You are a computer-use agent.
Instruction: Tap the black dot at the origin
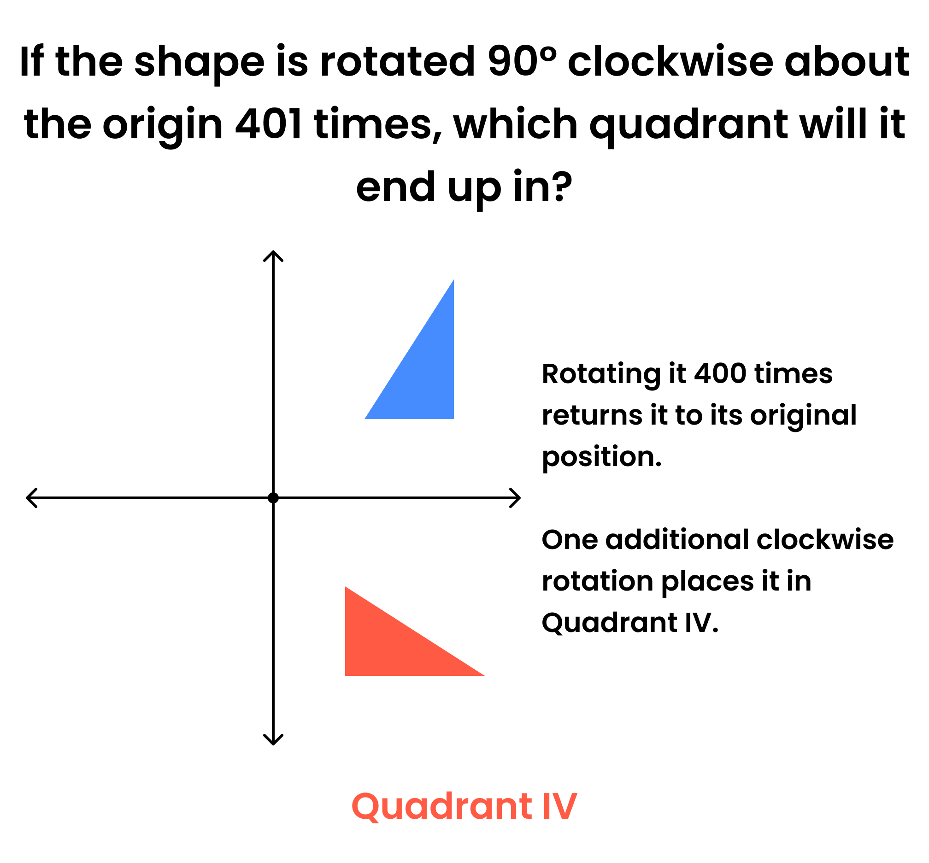point(273,498)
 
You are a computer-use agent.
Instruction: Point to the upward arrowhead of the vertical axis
point(273,256)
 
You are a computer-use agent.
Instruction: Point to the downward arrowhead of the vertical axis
point(273,739)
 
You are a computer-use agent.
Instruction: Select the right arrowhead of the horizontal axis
point(515,498)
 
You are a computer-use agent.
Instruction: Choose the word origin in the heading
point(163,127)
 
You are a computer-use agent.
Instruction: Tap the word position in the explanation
point(602,457)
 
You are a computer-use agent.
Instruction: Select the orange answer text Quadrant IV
point(464,806)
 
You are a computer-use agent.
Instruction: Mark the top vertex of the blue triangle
point(454,280)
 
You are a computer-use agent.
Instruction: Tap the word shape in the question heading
point(200,64)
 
